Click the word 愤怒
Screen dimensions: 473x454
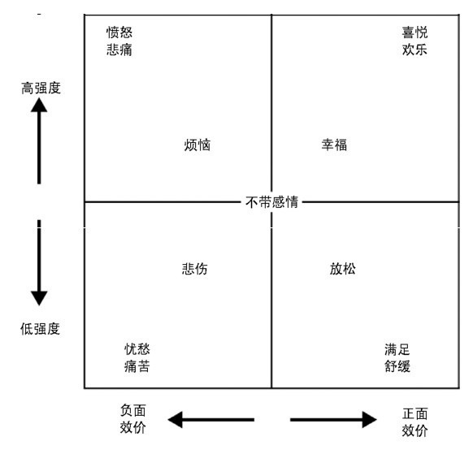119,32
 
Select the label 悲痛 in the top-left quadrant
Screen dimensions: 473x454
119,50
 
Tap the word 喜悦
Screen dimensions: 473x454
414,32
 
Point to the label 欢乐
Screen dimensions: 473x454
414,50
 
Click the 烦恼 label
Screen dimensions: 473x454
197,145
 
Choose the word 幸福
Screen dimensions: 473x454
334,145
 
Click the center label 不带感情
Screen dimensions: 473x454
271,201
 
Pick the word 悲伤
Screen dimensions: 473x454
195,269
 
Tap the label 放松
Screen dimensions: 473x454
343,269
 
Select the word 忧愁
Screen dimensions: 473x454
137,349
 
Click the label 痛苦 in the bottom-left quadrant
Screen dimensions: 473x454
137,366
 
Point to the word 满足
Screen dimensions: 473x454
397,350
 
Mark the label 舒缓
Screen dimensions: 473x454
397,366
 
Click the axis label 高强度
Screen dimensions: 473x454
41,88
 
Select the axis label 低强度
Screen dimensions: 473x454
41,329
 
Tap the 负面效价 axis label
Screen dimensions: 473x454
133,419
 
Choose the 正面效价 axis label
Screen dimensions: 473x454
414,422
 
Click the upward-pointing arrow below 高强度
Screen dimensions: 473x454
39,141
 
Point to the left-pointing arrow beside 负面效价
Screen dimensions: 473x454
211,419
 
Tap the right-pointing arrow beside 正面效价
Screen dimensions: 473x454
333,419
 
